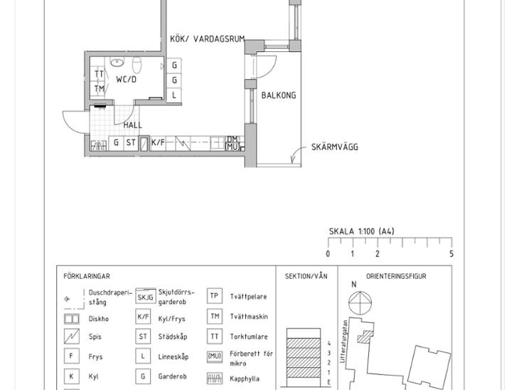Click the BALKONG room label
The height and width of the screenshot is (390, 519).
pos(279,95)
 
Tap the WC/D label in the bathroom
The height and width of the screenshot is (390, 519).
pos(126,80)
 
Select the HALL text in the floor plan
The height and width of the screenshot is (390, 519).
pos(133,125)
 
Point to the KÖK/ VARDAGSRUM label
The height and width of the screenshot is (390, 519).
pos(207,38)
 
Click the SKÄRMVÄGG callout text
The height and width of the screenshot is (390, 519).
pos(335,147)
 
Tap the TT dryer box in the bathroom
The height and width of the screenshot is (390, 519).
pos(98,74)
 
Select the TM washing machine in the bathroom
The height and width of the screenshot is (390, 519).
pos(98,89)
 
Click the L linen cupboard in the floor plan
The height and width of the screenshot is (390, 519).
pos(173,95)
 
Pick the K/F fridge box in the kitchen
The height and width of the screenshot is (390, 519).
pos(158,143)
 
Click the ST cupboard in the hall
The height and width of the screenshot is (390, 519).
pos(131,142)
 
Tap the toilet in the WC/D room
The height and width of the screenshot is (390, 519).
pos(137,65)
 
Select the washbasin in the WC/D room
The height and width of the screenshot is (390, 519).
pos(117,62)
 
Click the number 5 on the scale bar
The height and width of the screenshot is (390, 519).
pos(451,254)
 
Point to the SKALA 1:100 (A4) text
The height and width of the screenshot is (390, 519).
pos(361,231)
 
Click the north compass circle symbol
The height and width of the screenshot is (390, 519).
pos(360,303)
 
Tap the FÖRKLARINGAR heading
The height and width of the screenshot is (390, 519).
pos(87,276)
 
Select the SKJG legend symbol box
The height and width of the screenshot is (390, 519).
pos(145,296)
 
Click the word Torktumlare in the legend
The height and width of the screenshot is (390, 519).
pos(249,337)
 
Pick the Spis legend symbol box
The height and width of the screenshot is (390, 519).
pos(72,337)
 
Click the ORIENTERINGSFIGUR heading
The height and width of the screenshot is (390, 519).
pos(396,276)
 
